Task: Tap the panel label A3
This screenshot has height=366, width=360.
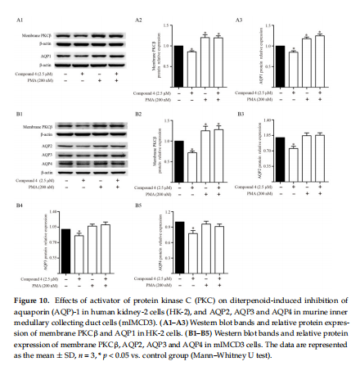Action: point(239,18)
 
